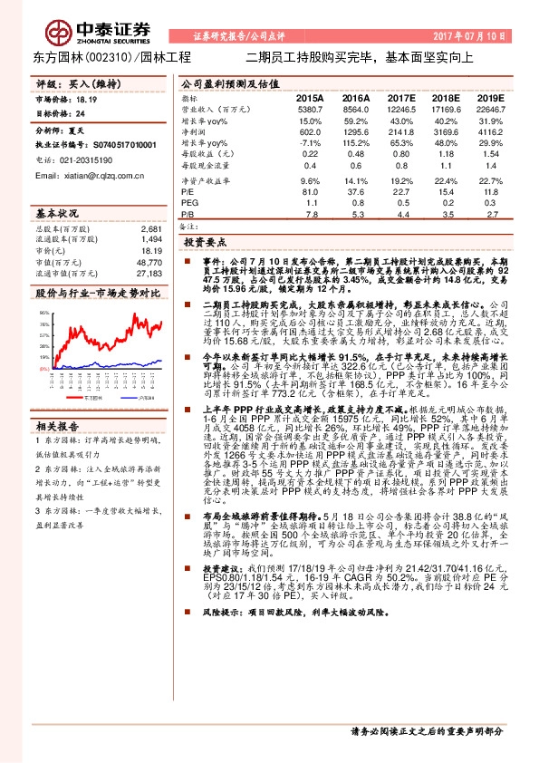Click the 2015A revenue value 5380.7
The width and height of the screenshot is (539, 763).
click(309, 108)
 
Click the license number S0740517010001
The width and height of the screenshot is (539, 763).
click(119, 143)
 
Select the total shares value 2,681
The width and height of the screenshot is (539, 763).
click(151, 230)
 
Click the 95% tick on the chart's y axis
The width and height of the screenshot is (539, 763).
click(44, 312)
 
